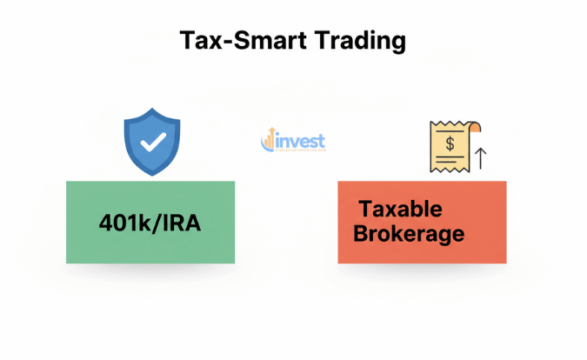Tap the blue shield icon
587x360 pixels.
152,142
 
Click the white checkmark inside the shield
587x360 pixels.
152,142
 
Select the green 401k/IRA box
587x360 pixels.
150,222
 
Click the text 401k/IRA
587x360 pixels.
150,223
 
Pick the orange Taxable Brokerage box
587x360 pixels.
422,222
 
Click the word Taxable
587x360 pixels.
401,210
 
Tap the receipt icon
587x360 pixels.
452,145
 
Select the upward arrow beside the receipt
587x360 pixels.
482,157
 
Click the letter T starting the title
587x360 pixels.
187,41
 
